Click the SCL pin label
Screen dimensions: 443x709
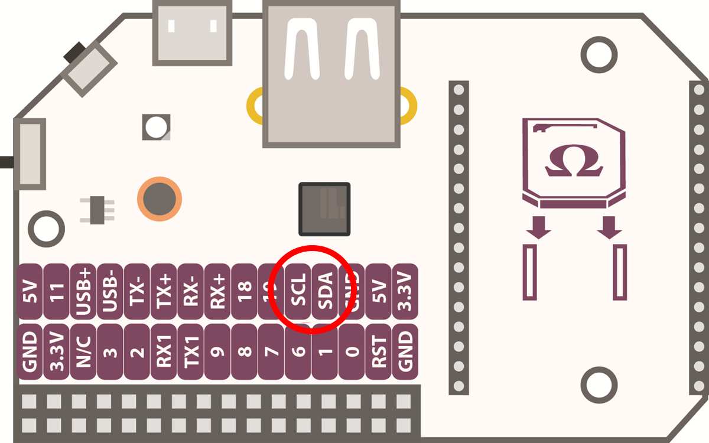tap(298, 291)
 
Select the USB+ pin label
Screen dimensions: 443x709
tap(83, 291)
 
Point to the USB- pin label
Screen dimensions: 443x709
tap(110, 291)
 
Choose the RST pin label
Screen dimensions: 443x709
tap(379, 351)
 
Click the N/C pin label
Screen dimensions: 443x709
tap(83, 351)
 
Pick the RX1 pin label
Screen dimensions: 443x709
tap(164, 351)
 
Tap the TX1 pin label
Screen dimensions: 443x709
tap(191, 351)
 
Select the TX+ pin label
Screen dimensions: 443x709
tap(164, 291)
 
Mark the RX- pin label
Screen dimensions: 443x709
tap(191, 291)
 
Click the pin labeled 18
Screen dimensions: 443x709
tap(245, 291)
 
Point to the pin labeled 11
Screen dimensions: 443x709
tap(57, 291)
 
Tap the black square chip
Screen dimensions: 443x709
tap(324, 209)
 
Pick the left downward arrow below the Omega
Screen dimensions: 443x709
tap(538, 227)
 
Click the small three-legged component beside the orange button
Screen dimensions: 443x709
tap(96, 210)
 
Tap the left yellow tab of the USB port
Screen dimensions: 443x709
tap(255, 106)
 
